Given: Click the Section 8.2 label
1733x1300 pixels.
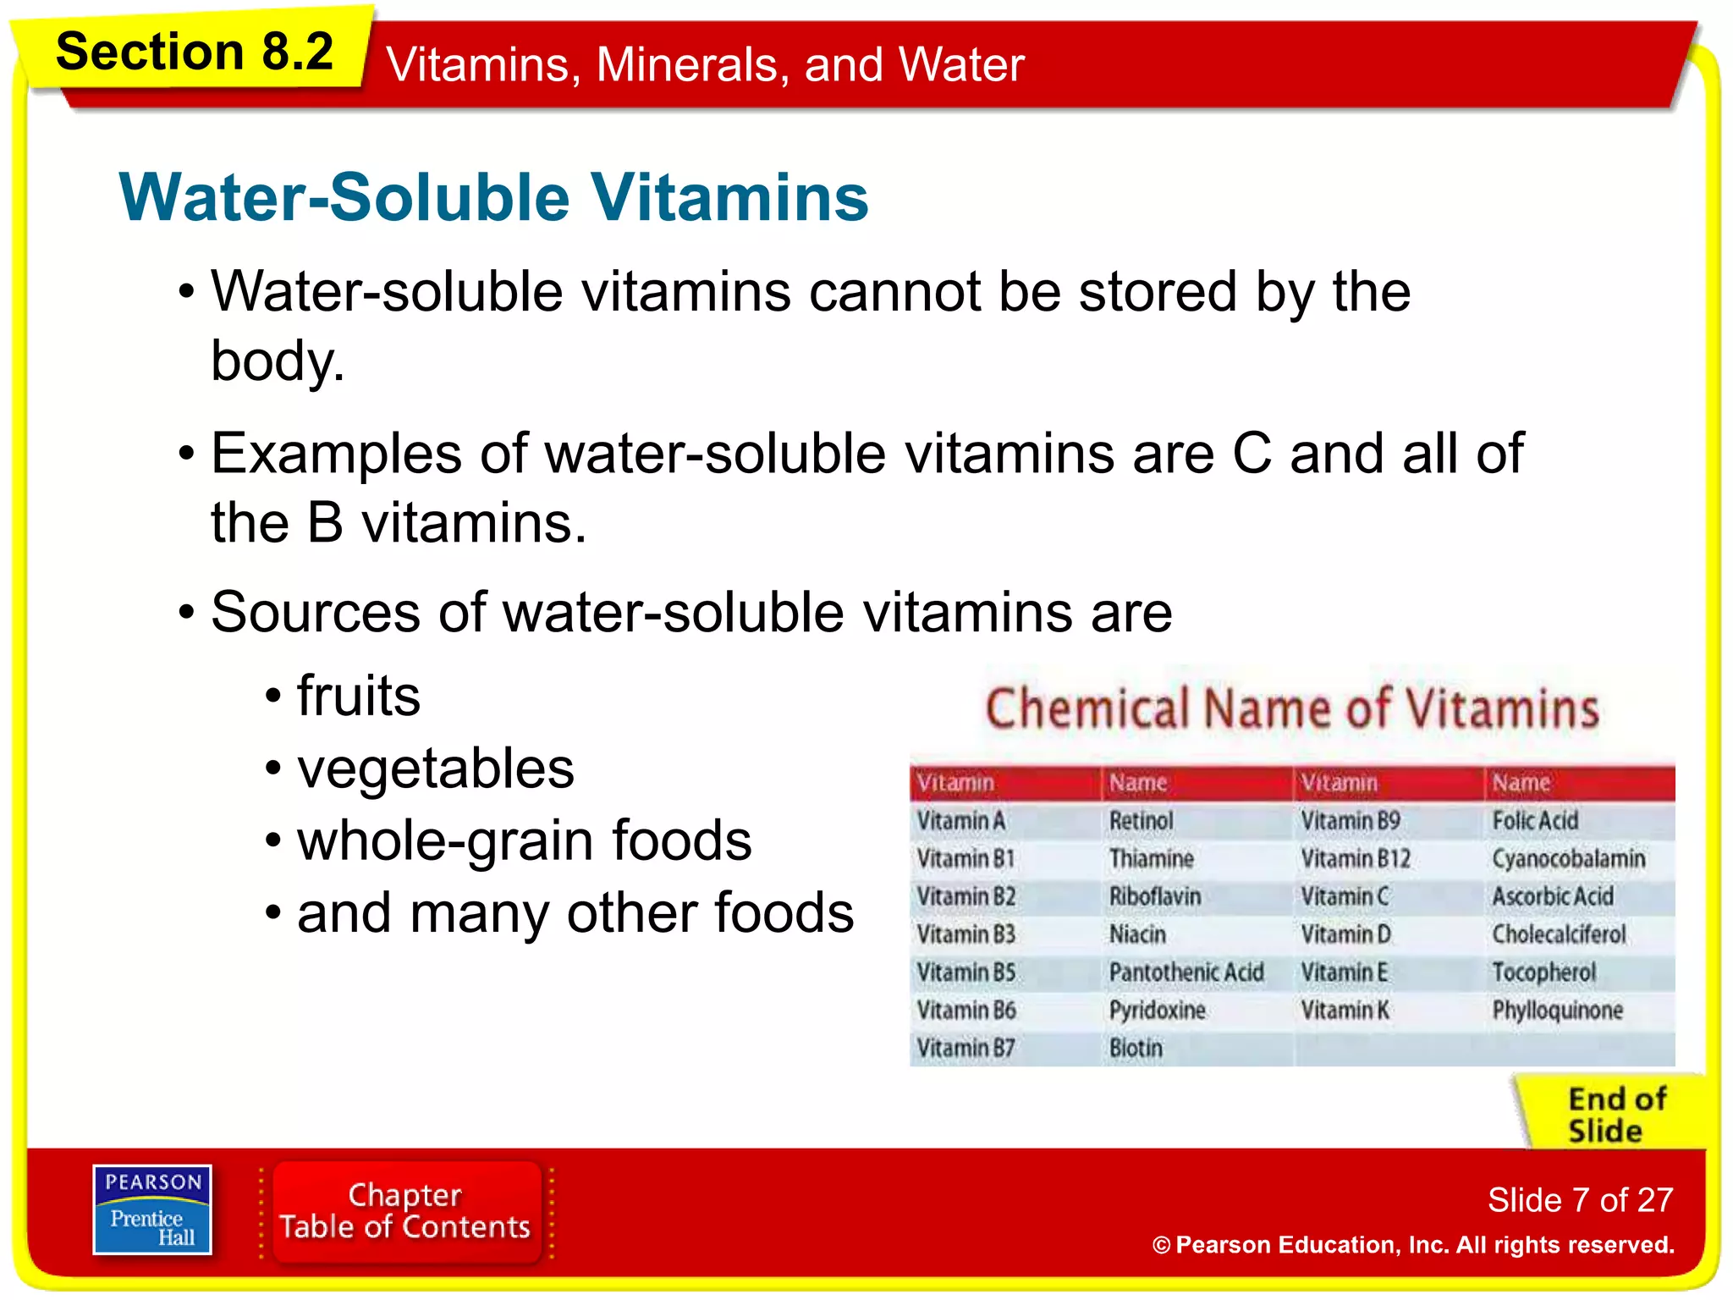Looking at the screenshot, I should click(194, 52).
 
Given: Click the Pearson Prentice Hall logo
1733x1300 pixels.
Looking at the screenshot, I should click(152, 1209).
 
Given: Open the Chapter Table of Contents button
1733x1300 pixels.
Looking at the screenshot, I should click(405, 1211).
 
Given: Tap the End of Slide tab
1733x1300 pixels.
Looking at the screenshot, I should click(1616, 1115).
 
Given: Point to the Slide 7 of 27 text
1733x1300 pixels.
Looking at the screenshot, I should click(1580, 1200).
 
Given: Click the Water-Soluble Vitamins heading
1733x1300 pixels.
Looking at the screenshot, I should click(493, 197).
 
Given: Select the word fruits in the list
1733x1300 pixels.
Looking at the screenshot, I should click(359, 696).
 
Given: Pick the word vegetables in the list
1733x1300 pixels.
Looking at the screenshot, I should click(436, 768).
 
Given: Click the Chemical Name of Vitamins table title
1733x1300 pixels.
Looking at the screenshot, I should click(1292, 708).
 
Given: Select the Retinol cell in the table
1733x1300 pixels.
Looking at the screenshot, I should click(1141, 821).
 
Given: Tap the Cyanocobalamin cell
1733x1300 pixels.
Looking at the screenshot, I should click(1568, 859).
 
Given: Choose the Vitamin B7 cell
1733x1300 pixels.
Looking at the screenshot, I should click(966, 1049).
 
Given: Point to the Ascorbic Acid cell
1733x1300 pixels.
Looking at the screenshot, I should click(1553, 896).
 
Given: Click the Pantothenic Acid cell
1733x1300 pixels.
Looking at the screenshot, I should click(1186, 972).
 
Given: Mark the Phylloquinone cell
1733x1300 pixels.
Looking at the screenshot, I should click(1557, 1011).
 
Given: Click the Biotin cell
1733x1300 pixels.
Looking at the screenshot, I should click(1136, 1049).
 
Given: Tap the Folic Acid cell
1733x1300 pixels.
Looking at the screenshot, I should click(1535, 821).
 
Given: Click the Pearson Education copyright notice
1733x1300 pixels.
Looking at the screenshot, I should click(1413, 1245).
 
